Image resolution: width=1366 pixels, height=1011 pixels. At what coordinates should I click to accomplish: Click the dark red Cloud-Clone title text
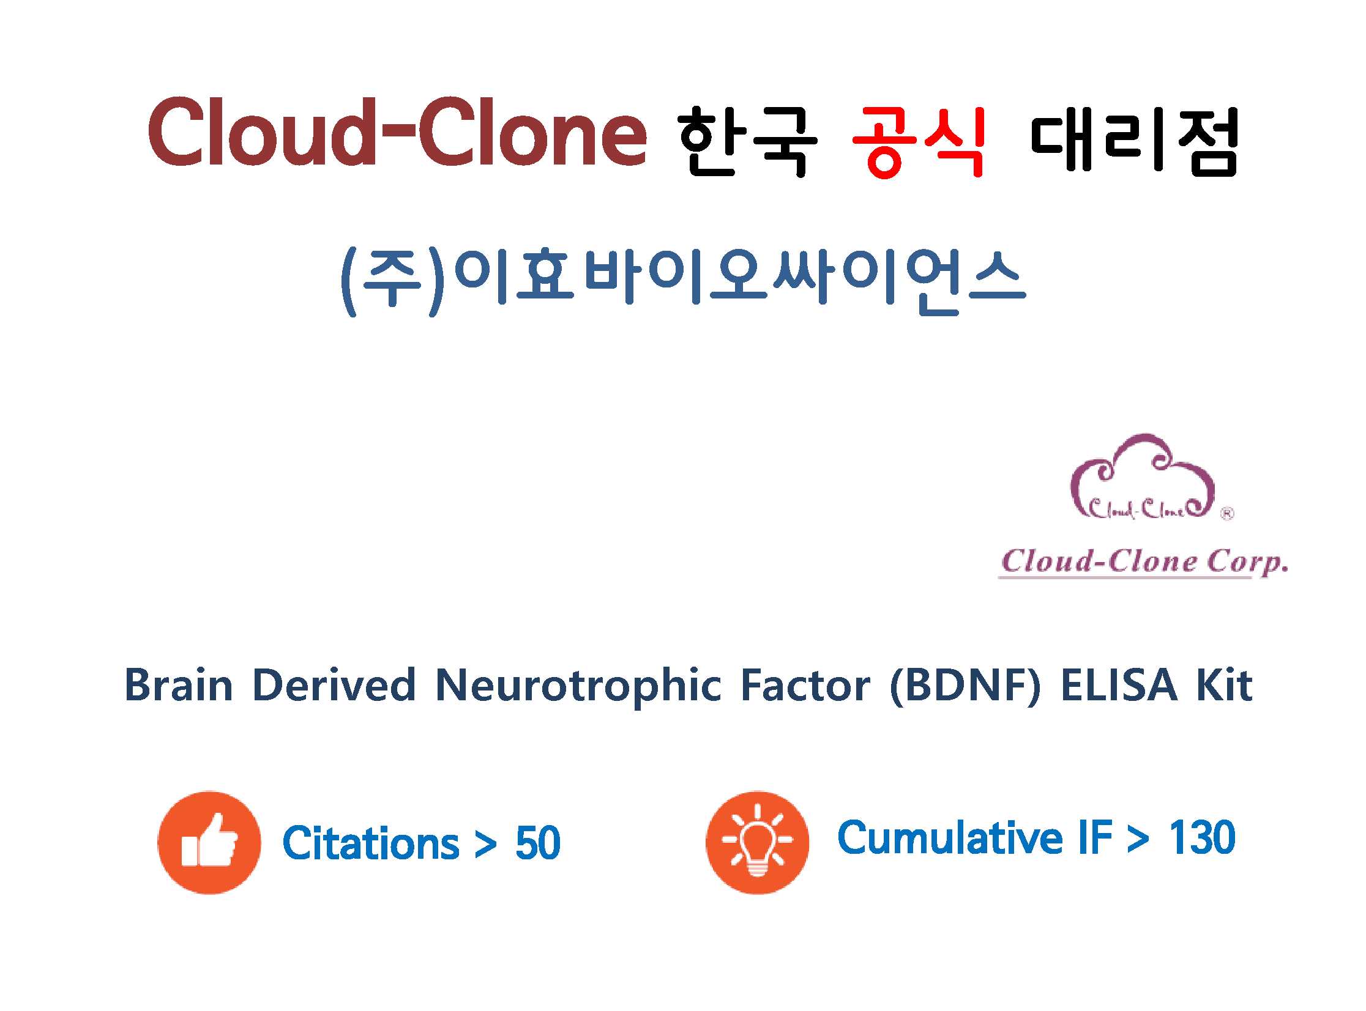[x=397, y=131]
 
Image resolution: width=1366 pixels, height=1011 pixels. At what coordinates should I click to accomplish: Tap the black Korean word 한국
[x=748, y=141]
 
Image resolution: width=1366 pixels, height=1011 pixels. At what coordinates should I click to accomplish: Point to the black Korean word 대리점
[x=1135, y=141]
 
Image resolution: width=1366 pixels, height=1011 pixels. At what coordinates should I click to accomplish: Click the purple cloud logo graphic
[x=1143, y=476]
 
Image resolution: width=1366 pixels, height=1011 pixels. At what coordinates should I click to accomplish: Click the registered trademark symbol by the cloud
[x=1227, y=514]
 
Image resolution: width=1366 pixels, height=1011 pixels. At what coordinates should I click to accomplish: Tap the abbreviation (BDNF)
[x=965, y=686]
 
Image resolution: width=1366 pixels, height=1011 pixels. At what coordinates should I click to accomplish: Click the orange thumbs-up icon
[x=209, y=843]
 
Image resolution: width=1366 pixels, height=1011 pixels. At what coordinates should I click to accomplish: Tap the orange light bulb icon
[x=758, y=843]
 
